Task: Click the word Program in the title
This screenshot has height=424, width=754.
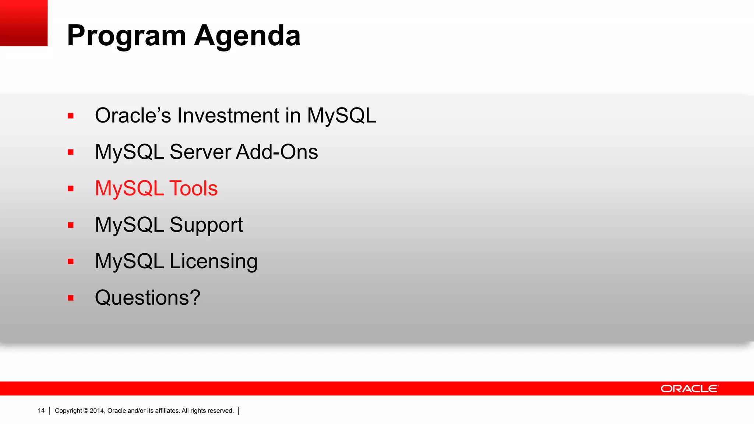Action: tap(126, 36)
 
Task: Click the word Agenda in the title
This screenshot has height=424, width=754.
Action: tap(247, 36)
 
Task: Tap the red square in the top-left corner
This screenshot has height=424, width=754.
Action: tap(24, 23)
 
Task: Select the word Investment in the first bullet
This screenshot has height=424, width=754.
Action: tap(228, 116)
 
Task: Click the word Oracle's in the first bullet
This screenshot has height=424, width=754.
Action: tap(133, 116)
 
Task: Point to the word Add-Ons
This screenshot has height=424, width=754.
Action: tap(276, 152)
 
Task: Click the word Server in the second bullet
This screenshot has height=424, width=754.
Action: tap(200, 152)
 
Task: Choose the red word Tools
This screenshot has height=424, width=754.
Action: tap(193, 188)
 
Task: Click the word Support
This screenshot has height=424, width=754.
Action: tap(206, 225)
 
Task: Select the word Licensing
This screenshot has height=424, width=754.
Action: tap(214, 262)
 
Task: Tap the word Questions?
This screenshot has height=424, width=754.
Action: tap(148, 298)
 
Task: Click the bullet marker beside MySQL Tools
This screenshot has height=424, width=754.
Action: tap(71, 189)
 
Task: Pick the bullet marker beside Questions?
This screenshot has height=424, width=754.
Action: tap(71, 298)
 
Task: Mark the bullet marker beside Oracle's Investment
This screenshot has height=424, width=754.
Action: tap(71, 116)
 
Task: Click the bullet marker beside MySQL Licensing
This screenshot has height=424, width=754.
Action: tap(71, 262)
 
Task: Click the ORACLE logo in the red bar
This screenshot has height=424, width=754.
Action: tap(689, 389)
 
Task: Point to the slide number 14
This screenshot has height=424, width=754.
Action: tap(41, 411)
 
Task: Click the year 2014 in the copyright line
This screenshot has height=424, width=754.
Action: tap(97, 411)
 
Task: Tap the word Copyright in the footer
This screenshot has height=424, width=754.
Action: tap(68, 411)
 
